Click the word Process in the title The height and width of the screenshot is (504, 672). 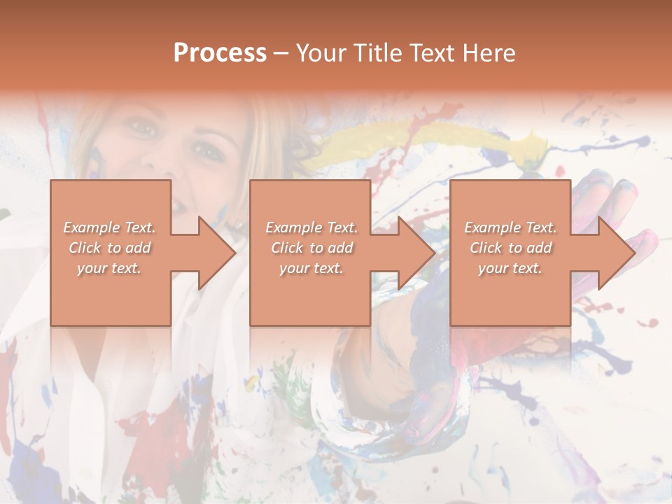(220, 53)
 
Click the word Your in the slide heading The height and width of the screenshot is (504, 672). (323, 53)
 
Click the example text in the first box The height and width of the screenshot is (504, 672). (109, 248)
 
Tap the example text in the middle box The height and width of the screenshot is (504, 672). (311, 248)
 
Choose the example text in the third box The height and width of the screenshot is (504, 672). (510, 248)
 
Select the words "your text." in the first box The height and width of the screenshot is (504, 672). (109, 268)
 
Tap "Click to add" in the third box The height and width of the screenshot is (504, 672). (510, 248)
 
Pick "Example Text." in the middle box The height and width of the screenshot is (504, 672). (311, 227)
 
